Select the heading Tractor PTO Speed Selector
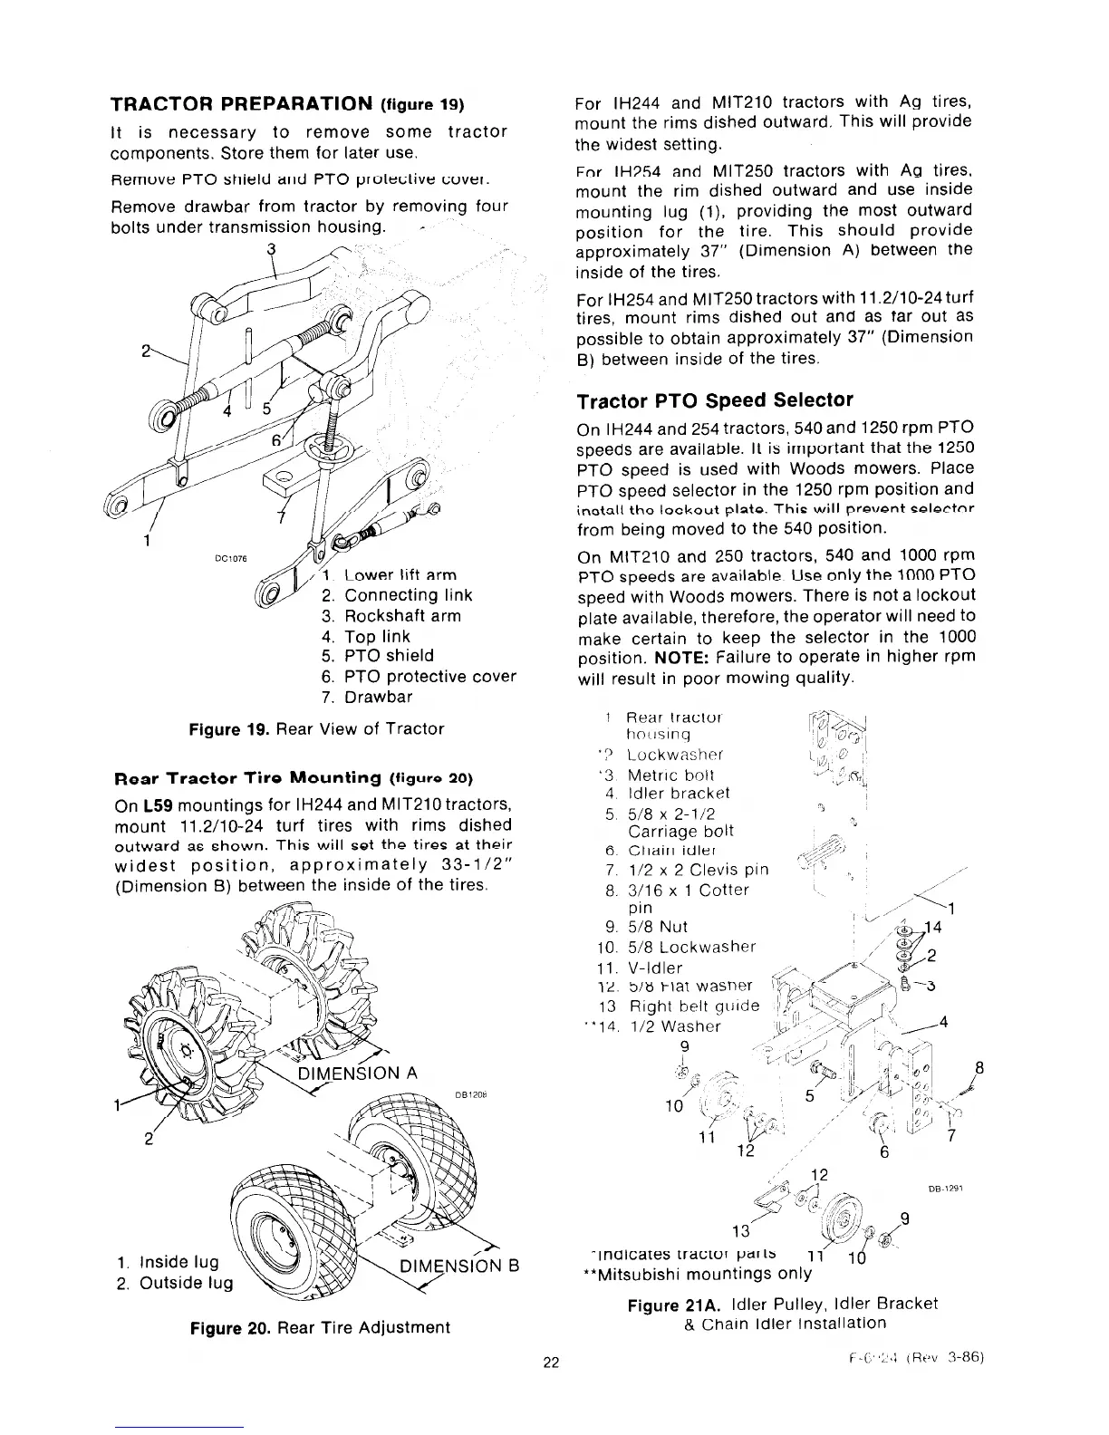[715, 400]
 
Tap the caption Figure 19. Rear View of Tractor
[316, 729]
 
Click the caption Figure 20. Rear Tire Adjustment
[319, 1328]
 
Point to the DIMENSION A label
[358, 1074]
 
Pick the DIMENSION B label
[457, 1266]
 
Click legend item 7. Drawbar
[367, 698]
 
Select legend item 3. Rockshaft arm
[391, 616]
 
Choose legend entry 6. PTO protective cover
[419, 677]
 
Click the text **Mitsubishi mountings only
[695, 1274]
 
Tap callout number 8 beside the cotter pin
[979, 1066]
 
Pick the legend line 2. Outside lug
[175, 1284]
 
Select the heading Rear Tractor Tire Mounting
[247, 777]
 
